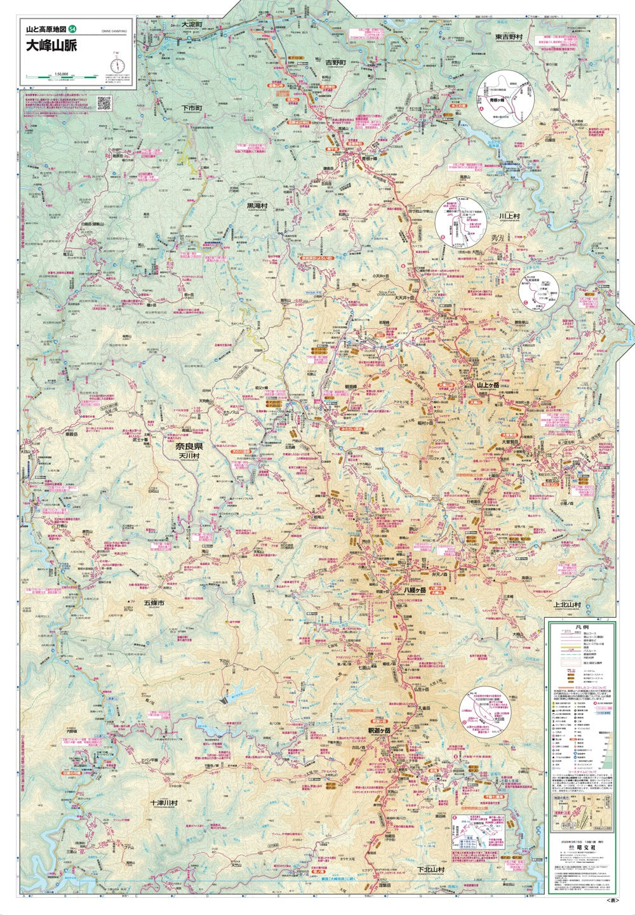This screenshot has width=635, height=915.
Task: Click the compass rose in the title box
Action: (x=116, y=65)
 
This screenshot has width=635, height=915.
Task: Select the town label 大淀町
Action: (x=190, y=24)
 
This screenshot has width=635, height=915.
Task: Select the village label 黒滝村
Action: (x=257, y=206)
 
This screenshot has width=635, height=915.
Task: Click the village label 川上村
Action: (x=509, y=216)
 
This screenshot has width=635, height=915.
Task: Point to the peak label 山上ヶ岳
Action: (x=490, y=384)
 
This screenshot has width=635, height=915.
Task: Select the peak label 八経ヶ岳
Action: (x=419, y=590)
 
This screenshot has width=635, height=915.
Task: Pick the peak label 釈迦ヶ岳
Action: (x=379, y=731)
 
